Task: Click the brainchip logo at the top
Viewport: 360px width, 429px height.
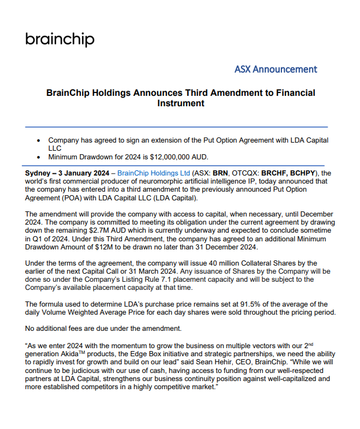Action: pyautogui.click(x=60, y=39)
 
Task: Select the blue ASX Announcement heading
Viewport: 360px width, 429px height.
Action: pyautogui.click(x=276, y=69)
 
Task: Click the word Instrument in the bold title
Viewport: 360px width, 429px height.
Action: pyautogui.click(x=180, y=103)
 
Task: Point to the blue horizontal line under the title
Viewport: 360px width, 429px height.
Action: pyautogui.click(x=176, y=126)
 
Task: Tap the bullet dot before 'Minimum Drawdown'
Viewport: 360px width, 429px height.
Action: pyautogui.click(x=39, y=156)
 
